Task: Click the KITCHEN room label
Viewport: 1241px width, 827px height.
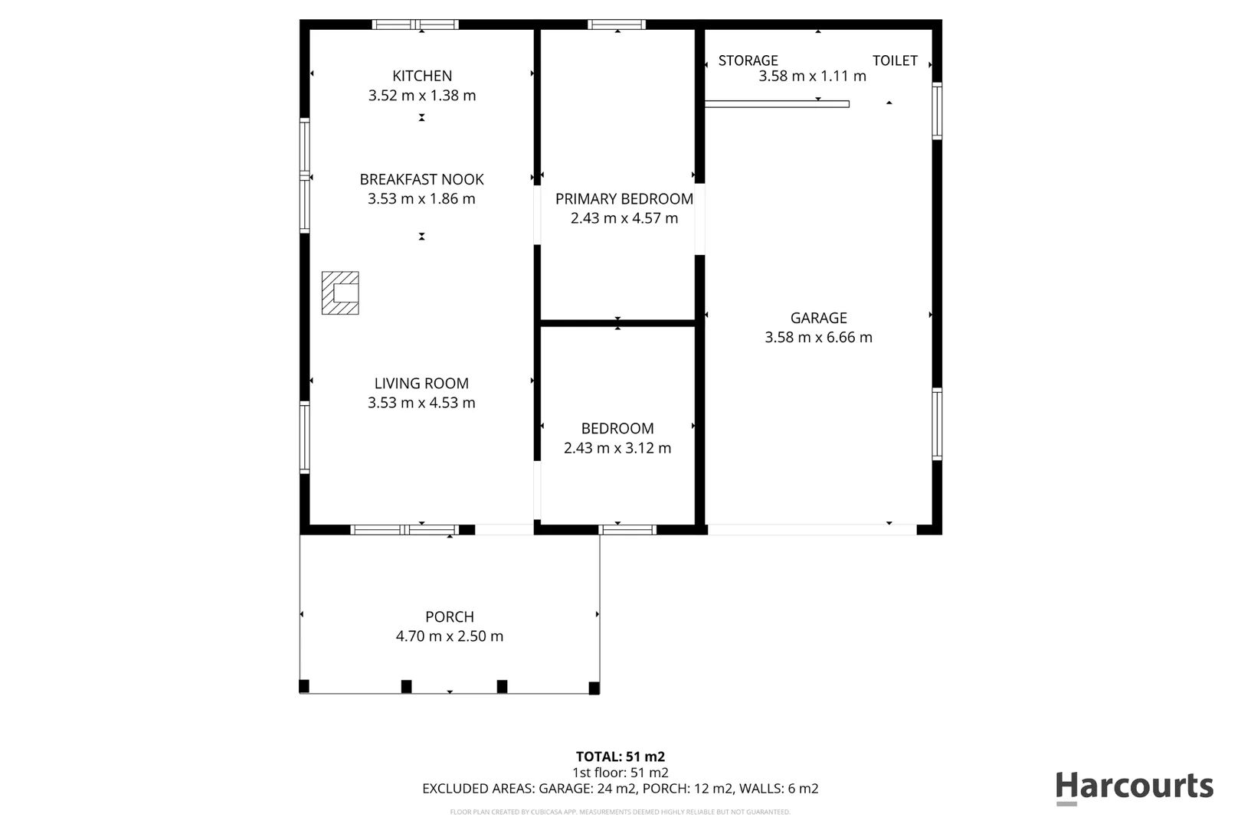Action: [x=422, y=76]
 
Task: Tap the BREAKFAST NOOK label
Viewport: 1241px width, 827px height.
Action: [x=421, y=179]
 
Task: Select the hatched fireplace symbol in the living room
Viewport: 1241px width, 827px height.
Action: [x=340, y=293]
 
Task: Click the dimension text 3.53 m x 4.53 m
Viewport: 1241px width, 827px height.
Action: [x=421, y=403]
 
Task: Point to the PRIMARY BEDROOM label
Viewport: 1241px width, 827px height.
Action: [x=624, y=199]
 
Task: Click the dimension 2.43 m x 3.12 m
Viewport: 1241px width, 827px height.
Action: [x=617, y=448]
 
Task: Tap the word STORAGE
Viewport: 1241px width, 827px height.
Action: [x=748, y=60]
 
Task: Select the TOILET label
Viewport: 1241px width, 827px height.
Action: [x=895, y=60]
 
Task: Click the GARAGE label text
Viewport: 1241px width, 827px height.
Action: [x=818, y=318]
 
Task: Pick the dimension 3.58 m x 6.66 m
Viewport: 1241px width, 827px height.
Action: [x=818, y=337]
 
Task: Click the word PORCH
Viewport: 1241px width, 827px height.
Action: [x=450, y=616]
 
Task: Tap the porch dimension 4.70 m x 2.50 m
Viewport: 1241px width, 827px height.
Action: [x=450, y=636]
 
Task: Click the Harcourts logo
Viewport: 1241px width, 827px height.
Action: [x=1134, y=787]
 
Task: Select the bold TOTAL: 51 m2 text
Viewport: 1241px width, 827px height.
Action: [x=620, y=757]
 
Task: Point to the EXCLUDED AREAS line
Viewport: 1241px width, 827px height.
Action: [x=620, y=789]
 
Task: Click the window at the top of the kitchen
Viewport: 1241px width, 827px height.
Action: [x=415, y=25]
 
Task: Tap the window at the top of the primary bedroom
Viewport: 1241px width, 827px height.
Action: [x=617, y=25]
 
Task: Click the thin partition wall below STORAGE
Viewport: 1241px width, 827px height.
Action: [x=776, y=104]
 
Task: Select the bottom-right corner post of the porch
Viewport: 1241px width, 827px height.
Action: [x=594, y=688]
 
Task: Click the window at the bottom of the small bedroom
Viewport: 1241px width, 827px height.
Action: [x=627, y=529]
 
